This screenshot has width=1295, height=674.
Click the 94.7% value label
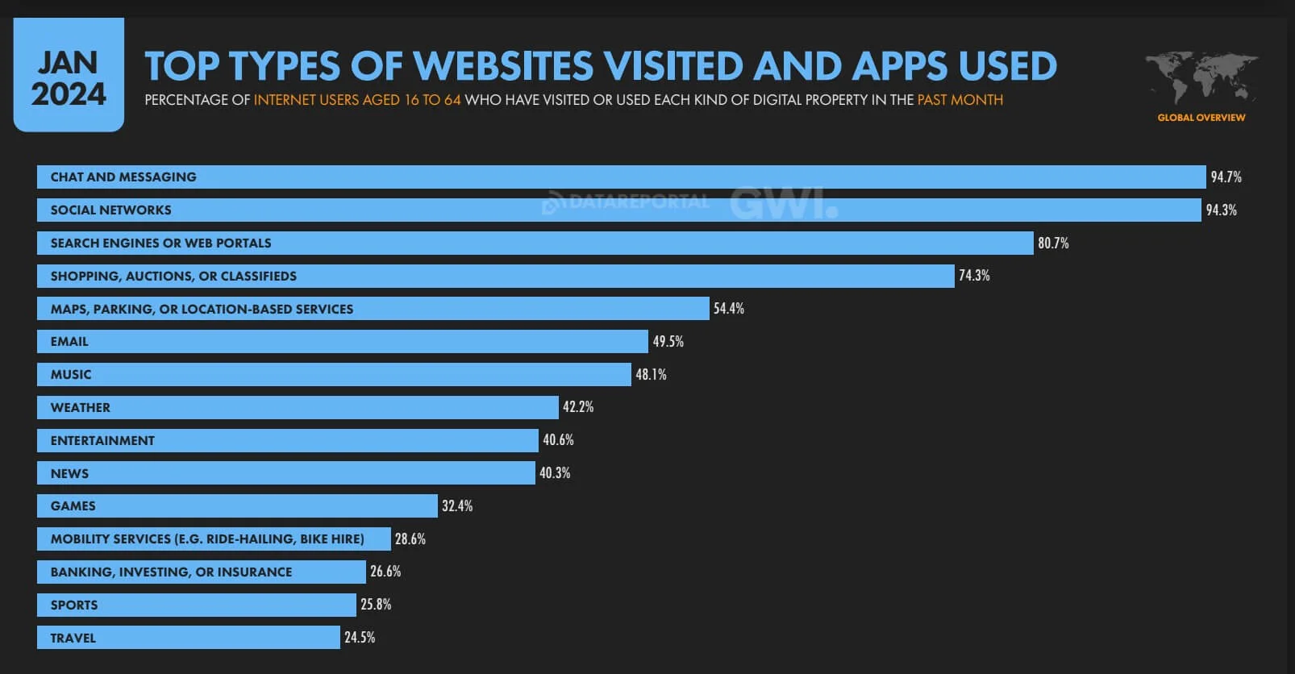[x=1226, y=177]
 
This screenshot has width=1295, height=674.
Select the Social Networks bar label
[x=110, y=210]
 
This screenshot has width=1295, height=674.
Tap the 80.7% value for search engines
[x=1053, y=243]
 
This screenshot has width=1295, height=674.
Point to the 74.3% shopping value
[x=974, y=276]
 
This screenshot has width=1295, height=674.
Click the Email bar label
[x=69, y=342]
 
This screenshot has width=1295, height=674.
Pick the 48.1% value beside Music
[x=651, y=375]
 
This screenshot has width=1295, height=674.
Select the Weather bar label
[x=80, y=408]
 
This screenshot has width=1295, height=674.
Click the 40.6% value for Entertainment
[x=558, y=440]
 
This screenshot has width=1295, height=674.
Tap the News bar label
[x=69, y=474]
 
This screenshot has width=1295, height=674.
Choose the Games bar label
[x=73, y=506]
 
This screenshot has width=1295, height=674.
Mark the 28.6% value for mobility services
[x=410, y=539]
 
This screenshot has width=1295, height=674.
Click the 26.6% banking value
[x=385, y=572]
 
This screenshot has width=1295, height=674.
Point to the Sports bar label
[x=73, y=605]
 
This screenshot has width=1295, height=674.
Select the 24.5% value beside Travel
[x=360, y=638]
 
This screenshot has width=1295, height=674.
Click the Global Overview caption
[x=1201, y=118]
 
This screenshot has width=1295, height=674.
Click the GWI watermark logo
[x=783, y=203]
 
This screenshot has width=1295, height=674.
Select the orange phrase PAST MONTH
[x=960, y=100]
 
